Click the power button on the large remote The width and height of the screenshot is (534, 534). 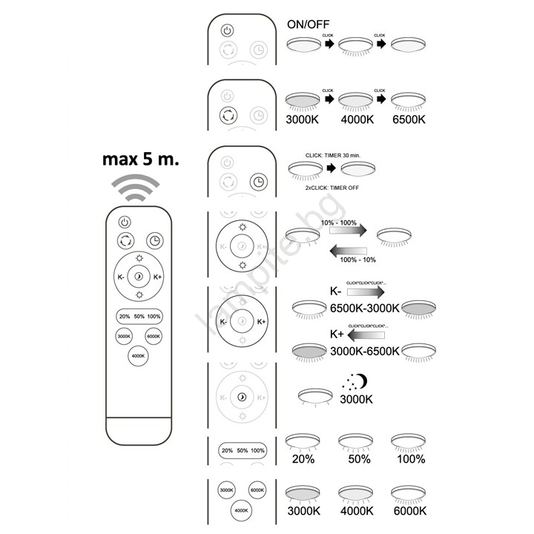click(x=125, y=221)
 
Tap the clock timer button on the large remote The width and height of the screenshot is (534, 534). click(x=155, y=241)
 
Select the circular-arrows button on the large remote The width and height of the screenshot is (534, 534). click(x=125, y=241)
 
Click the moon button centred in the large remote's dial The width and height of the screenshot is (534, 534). click(x=139, y=277)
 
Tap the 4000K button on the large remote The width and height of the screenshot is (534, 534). click(x=138, y=357)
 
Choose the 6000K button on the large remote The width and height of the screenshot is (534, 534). click(x=154, y=337)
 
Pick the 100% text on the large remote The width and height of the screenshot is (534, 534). click(x=154, y=317)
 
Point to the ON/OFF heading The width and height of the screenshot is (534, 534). click(x=309, y=24)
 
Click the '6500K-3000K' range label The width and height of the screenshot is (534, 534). click(x=364, y=308)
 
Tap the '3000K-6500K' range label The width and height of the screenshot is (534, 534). click(x=364, y=350)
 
